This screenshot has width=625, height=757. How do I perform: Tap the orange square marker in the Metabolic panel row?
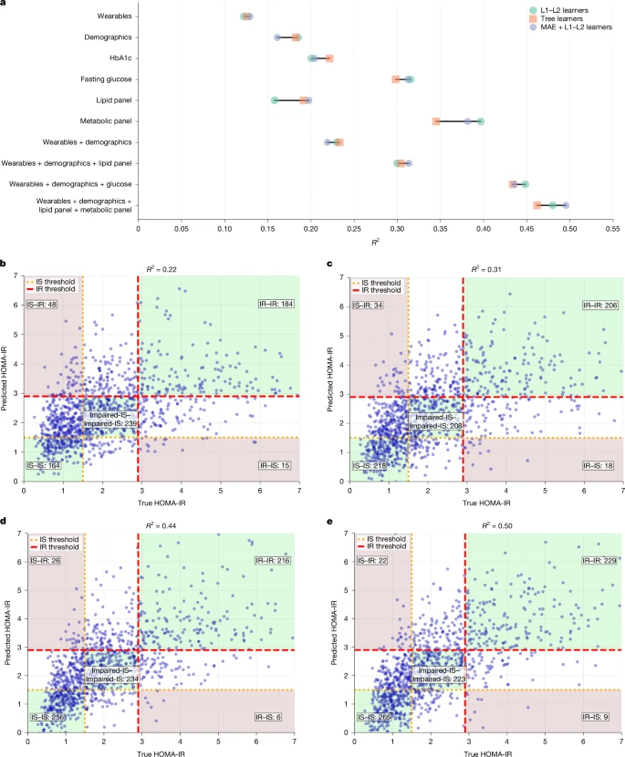point(436,121)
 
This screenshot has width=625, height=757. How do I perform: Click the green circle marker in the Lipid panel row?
point(275,100)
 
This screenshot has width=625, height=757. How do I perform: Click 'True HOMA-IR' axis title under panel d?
point(161,750)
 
